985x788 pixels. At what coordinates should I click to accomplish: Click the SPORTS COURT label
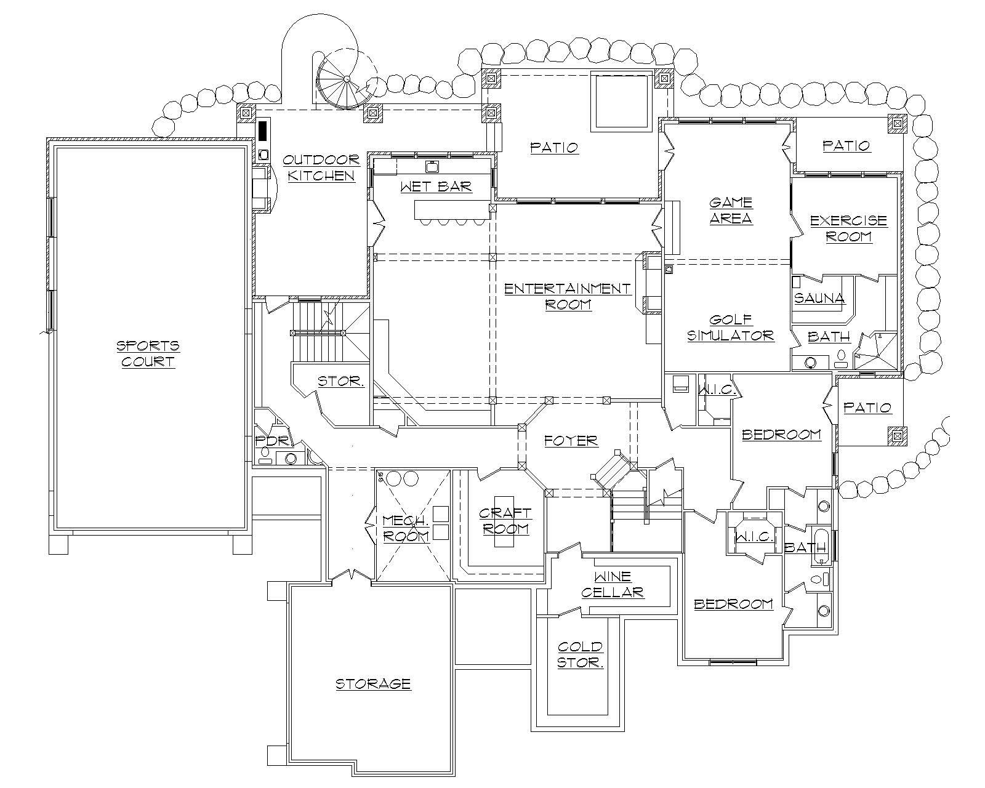point(148,353)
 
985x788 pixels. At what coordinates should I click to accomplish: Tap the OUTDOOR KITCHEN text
point(321,167)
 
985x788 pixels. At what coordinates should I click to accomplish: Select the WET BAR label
point(436,186)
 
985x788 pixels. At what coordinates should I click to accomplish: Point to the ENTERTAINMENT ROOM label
point(568,296)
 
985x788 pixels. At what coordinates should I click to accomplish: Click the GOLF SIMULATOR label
point(730,328)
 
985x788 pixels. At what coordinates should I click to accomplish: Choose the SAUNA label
point(819,299)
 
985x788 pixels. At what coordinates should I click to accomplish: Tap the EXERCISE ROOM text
point(848,228)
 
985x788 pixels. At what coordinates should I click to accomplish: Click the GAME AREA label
point(731,210)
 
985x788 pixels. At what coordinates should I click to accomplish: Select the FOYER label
point(571,441)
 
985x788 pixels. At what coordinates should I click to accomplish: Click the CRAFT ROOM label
point(505,521)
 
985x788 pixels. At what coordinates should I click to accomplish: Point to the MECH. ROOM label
point(405,528)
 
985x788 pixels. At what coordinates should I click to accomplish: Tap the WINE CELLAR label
point(612,584)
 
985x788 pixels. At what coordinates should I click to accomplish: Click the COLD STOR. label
point(579,654)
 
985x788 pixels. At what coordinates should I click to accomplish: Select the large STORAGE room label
point(372,683)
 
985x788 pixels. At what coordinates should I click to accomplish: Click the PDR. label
point(267,441)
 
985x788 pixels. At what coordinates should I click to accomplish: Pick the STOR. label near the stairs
point(340,382)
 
